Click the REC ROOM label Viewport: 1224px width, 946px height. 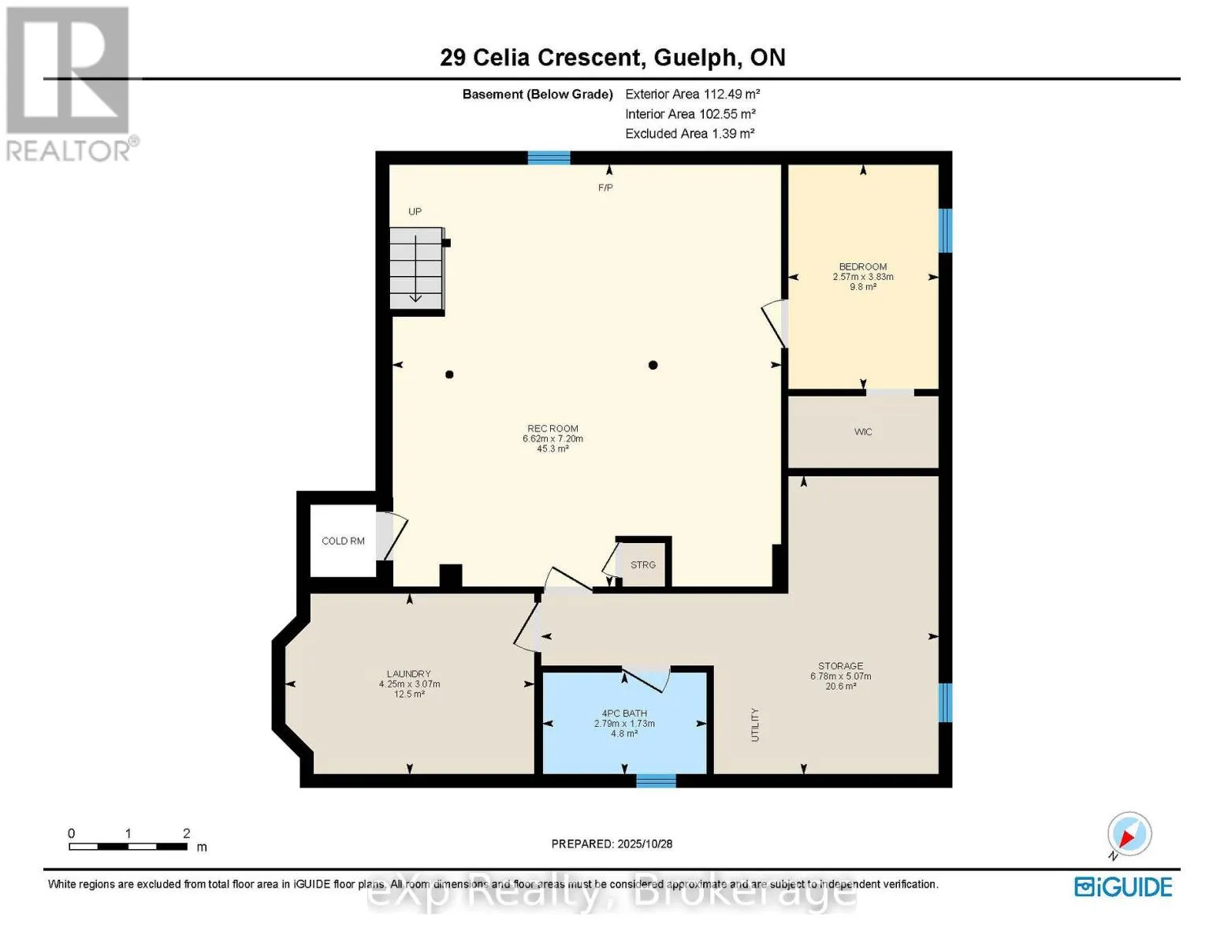click(x=552, y=429)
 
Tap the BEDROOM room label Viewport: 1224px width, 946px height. click(x=862, y=266)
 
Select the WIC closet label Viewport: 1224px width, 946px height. click(x=863, y=432)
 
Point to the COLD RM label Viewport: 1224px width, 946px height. click(x=343, y=541)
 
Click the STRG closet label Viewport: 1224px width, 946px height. click(x=643, y=564)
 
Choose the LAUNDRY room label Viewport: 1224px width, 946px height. click(x=408, y=674)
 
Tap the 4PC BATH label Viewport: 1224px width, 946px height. click(x=624, y=713)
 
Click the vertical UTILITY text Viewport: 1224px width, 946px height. click(x=754, y=724)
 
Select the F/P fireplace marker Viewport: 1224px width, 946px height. click(x=605, y=188)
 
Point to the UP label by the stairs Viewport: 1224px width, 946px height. click(x=415, y=211)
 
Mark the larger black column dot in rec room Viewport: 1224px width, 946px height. click(x=653, y=365)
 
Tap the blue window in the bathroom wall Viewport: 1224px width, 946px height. click(x=656, y=780)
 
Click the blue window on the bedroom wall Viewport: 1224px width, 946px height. click(x=945, y=230)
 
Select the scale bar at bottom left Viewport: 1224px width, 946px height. click(x=128, y=847)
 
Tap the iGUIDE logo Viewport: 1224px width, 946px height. click(x=1123, y=887)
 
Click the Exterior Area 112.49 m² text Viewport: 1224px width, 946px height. click(x=692, y=94)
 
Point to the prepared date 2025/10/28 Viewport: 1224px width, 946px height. click(x=612, y=844)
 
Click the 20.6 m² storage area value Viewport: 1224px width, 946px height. click(x=840, y=687)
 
